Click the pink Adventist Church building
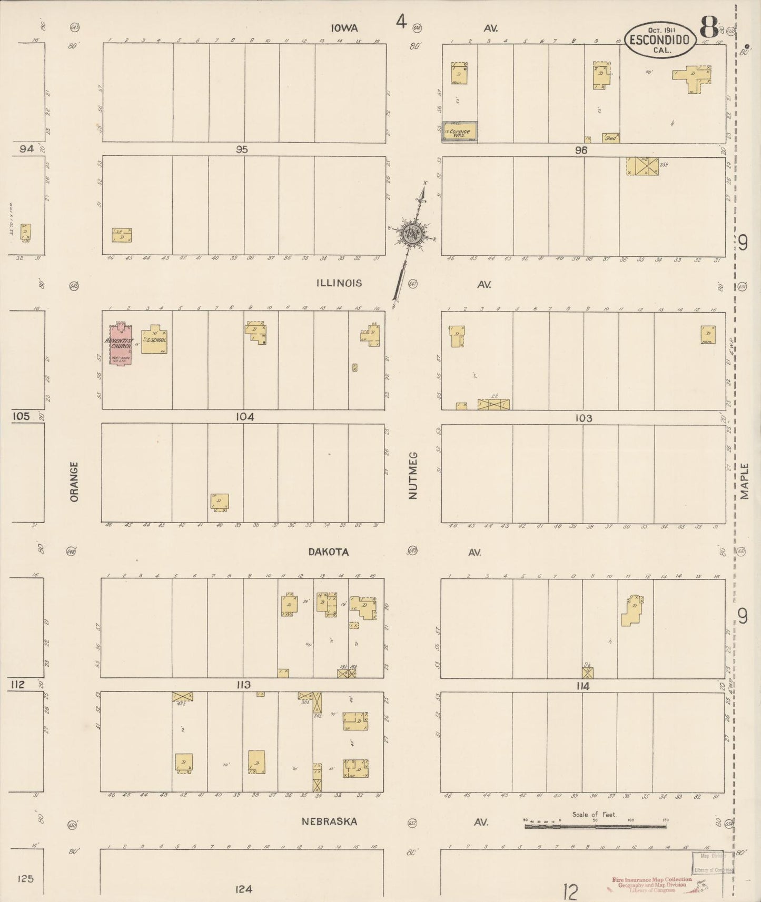click(121, 345)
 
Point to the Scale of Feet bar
click(595, 826)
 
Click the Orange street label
click(74, 481)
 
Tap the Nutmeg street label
click(412, 475)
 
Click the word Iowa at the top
click(345, 28)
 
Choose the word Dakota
click(329, 552)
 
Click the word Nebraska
click(329, 821)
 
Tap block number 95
click(242, 149)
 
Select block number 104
click(244, 417)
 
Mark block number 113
click(243, 685)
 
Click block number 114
click(582, 686)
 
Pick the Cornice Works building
click(459, 132)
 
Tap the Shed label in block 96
click(611, 137)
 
